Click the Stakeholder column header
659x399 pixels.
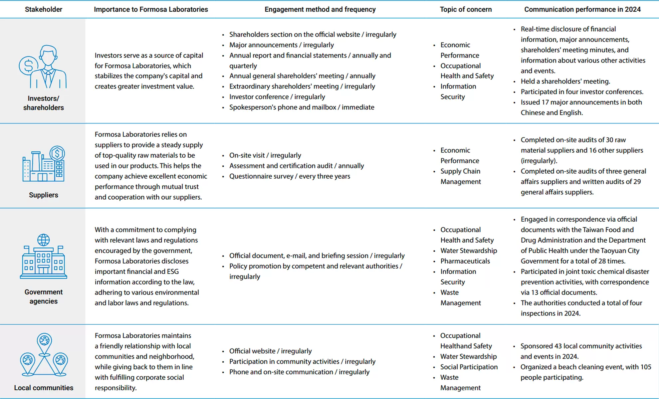click(43, 9)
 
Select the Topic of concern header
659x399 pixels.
click(465, 9)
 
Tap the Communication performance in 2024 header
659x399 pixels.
click(582, 9)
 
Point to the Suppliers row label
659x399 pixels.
click(43, 195)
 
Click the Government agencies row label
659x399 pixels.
click(43, 297)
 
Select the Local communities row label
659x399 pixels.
click(43, 388)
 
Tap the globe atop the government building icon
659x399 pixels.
click(44, 240)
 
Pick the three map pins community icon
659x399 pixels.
click(44, 355)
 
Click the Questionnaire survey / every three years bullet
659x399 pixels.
click(290, 176)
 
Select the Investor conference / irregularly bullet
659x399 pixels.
click(277, 97)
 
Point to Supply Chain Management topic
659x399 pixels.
click(460, 176)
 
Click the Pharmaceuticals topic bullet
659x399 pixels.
click(465, 261)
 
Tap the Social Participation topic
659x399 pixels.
click(469, 367)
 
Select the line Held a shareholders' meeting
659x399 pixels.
click(565, 81)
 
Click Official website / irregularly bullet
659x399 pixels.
click(270, 351)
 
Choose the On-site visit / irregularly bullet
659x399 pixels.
click(265, 155)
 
